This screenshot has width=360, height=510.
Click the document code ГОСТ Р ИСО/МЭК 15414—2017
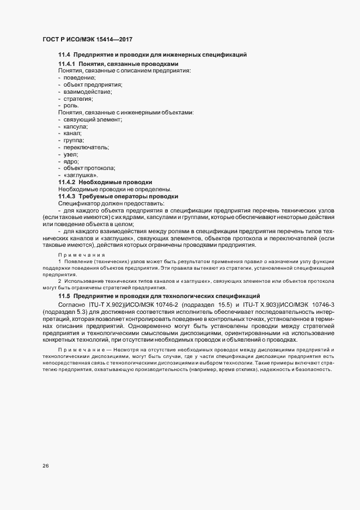click(87, 40)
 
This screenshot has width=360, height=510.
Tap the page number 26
click(46, 466)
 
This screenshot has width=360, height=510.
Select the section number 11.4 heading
click(64, 55)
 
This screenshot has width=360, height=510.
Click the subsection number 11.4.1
click(67, 64)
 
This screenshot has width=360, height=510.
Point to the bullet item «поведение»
click(80, 78)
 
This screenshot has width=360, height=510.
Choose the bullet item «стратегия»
click(78, 99)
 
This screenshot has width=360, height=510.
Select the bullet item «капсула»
click(76, 126)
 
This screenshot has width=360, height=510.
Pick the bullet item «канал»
click(73, 133)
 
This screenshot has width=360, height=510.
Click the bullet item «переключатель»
click(86, 147)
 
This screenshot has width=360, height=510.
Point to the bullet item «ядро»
click(71, 161)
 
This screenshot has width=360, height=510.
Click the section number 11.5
click(64, 295)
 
